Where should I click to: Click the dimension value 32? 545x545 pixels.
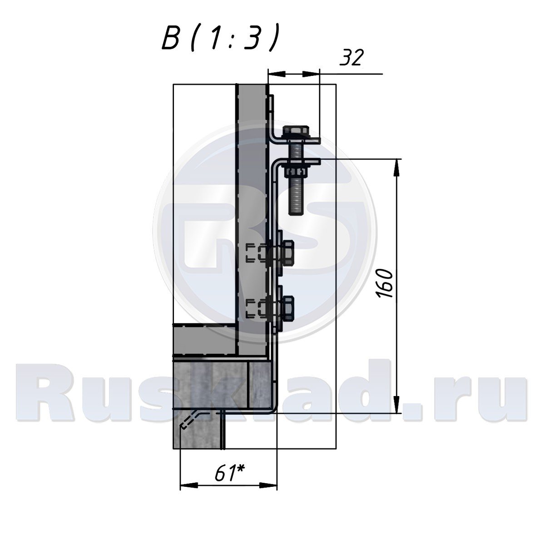(351, 58)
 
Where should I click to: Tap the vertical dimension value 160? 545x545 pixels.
(385, 283)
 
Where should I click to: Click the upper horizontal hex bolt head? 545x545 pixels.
(287, 253)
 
